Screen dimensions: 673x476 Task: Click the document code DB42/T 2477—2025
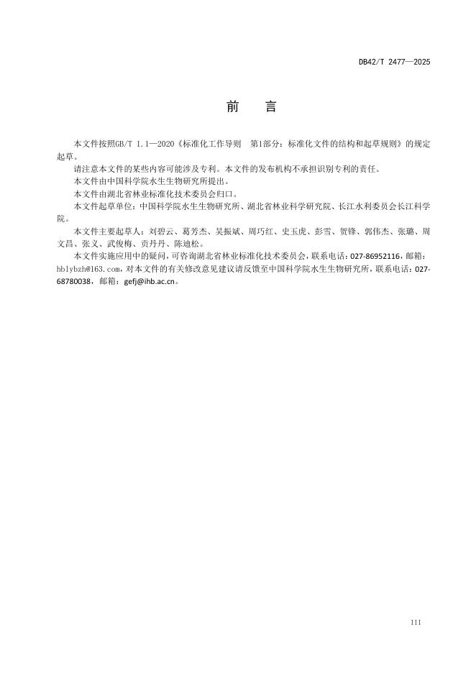(394, 63)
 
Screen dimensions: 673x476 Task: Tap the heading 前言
(251, 107)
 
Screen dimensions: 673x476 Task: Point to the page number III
(415, 622)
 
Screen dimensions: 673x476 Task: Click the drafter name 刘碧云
(158, 232)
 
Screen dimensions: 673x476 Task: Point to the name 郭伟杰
(379, 232)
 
